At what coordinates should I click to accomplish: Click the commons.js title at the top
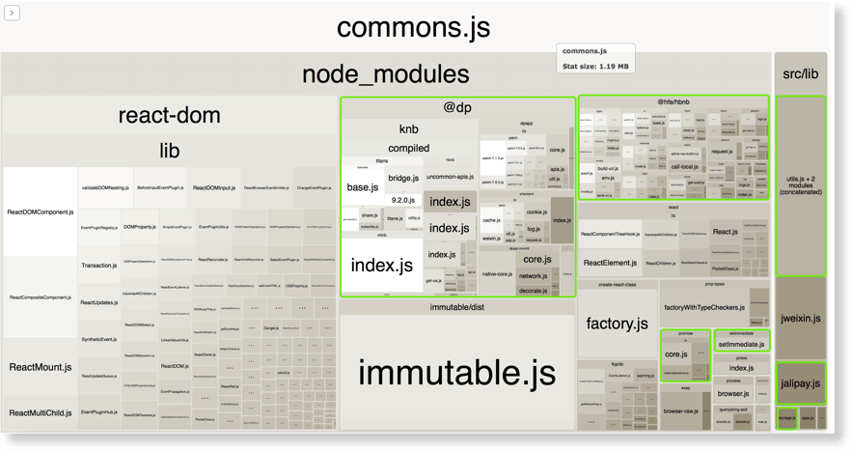pyautogui.click(x=413, y=27)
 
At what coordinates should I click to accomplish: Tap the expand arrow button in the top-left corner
pyautogui.click(x=12, y=13)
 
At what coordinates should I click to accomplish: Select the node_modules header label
pyautogui.click(x=385, y=74)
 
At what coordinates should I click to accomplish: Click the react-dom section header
pyautogui.click(x=169, y=116)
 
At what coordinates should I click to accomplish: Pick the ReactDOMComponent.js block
pyautogui.click(x=40, y=211)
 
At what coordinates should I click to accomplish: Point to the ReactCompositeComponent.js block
pyautogui.click(x=40, y=297)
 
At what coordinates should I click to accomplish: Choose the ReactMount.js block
pyautogui.click(x=40, y=367)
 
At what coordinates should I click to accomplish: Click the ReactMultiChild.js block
pyautogui.click(x=40, y=412)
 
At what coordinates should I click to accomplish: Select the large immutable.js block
pyautogui.click(x=456, y=372)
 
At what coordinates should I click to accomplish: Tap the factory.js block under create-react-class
pyautogui.click(x=617, y=324)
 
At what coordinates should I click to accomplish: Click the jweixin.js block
pyautogui.click(x=800, y=318)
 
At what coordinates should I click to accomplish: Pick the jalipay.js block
pyautogui.click(x=800, y=383)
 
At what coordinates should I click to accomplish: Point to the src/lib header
pyautogui.click(x=800, y=74)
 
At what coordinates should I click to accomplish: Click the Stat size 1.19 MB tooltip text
pyautogui.click(x=595, y=67)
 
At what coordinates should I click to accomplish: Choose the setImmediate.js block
pyautogui.click(x=741, y=344)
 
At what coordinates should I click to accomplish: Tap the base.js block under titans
pyautogui.click(x=362, y=186)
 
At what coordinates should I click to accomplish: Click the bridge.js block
pyautogui.click(x=403, y=178)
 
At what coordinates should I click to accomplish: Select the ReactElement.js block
pyautogui.click(x=609, y=263)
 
